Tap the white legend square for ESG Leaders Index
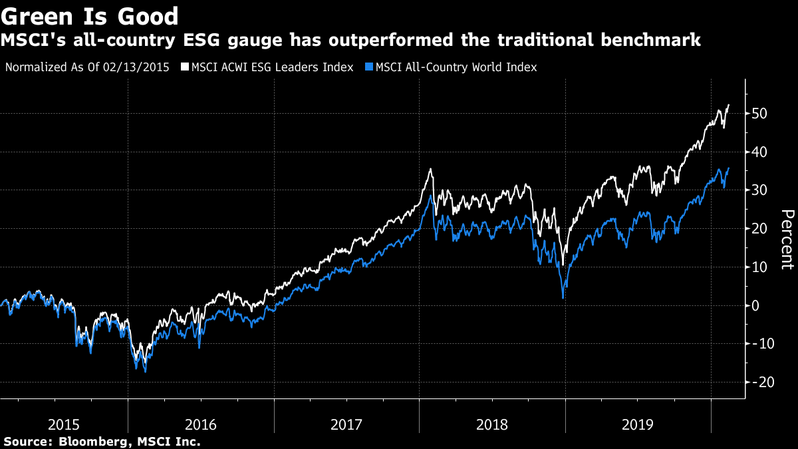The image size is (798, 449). pos(185,67)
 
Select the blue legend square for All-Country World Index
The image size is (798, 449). pos(370,67)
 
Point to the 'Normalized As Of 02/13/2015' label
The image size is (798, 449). pos(87,67)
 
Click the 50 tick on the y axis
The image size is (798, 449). pos(761,114)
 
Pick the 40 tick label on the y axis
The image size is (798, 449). pos(761,152)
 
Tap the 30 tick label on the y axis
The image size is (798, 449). pos(761,190)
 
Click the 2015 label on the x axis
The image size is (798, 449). pos(65,424)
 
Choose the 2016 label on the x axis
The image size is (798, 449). pos(201,424)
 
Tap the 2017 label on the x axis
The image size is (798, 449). pos(346,424)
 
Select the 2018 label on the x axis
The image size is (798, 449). pos(492,424)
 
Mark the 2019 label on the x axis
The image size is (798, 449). pos(638,424)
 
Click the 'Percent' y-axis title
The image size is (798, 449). pos(787,239)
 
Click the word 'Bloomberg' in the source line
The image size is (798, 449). pos(87,441)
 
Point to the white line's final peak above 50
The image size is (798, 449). pos(729,105)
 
